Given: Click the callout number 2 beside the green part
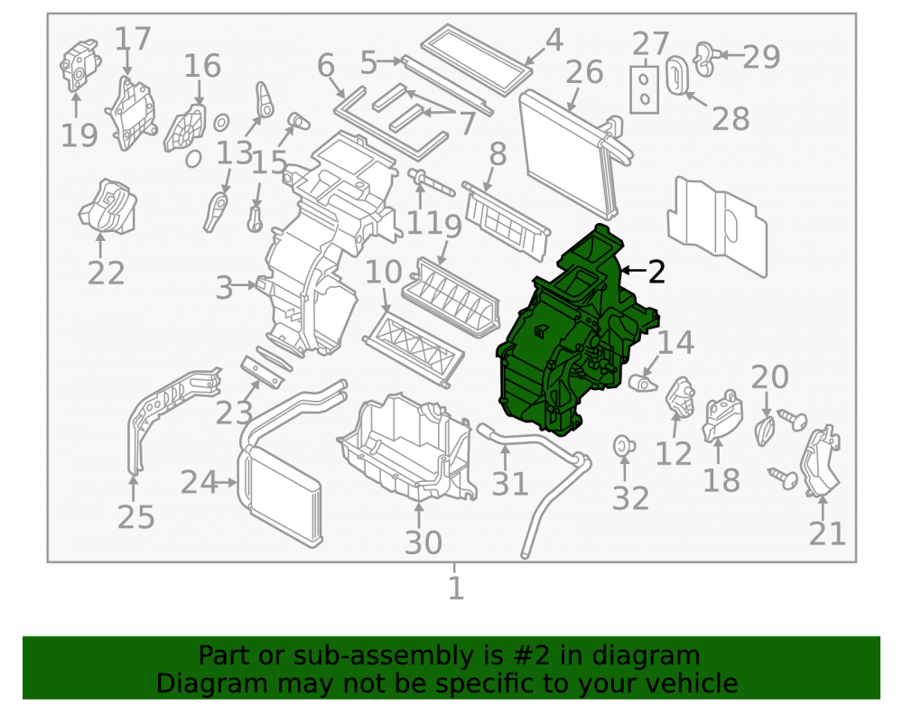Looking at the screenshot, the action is point(656,271).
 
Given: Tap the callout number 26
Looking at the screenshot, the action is point(584,72).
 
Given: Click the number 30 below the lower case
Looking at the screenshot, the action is point(424,543).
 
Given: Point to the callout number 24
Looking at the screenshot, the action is point(199,482).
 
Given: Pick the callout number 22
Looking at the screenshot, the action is point(106,273).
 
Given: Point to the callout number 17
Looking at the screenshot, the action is point(133,39).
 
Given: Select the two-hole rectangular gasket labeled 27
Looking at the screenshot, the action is point(645,89).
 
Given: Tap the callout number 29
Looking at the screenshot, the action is point(760,56).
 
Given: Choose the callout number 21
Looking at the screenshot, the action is point(827,533).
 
